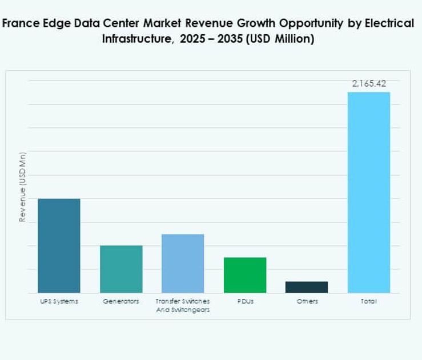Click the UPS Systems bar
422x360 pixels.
click(x=59, y=245)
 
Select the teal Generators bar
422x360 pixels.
click(x=121, y=269)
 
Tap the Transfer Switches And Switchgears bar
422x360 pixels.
click(x=183, y=263)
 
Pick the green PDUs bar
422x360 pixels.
click(x=244, y=275)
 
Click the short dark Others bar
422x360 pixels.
click(x=307, y=287)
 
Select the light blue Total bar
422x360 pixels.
click(x=368, y=192)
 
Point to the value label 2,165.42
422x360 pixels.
click(x=369, y=83)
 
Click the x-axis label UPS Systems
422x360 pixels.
click(x=59, y=301)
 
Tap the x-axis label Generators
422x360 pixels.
click(x=121, y=301)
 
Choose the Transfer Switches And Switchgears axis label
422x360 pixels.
click(x=183, y=305)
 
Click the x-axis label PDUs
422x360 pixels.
click(x=244, y=301)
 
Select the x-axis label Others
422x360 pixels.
click(x=307, y=301)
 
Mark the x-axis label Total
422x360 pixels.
click(x=368, y=301)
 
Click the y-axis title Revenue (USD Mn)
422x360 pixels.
click(x=22, y=187)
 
